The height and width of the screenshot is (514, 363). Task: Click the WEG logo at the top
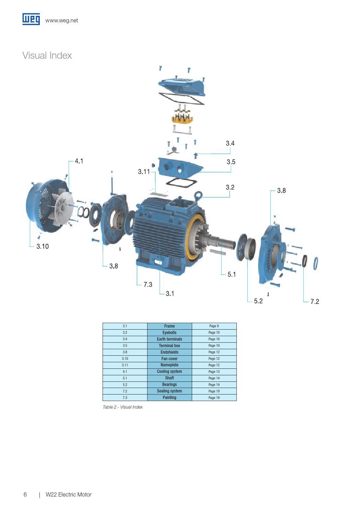click(31, 19)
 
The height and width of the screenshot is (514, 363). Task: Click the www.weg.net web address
click(61, 21)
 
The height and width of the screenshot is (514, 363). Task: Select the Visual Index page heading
click(47, 56)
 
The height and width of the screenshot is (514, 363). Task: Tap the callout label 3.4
click(230, 144)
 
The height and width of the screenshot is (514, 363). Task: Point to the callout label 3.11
click(144, 172)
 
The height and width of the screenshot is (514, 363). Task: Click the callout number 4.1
click(79, 161)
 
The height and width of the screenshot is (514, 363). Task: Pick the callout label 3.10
click(43, 247)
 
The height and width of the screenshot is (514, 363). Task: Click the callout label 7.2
click(314, 302)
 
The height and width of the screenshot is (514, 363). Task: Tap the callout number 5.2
click(258, 301)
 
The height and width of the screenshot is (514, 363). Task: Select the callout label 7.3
click(148, 285)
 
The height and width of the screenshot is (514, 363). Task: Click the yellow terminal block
click(182, 119)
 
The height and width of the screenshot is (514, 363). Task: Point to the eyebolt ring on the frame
click(198, 195)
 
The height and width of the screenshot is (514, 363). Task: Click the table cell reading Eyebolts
click(169, 333)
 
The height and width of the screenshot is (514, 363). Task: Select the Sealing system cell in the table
click(169, 391)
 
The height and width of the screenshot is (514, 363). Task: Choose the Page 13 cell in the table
click(214, 372)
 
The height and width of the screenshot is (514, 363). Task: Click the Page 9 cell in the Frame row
click(214, 326)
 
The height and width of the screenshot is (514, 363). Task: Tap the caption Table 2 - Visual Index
click(123, 407)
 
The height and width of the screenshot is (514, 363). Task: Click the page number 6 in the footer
click(25, 495)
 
